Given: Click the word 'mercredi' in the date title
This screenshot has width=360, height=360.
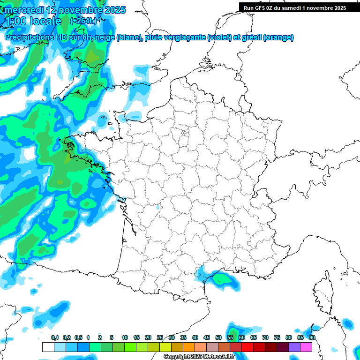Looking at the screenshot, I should click(x=22, y=10).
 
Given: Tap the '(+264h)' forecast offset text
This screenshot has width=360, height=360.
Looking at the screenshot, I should click(x=83, y=21).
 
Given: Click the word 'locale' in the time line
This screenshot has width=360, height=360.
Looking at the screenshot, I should click(x=45, y=21).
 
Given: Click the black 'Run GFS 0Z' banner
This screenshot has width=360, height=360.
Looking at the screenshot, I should click(x=294, y=8).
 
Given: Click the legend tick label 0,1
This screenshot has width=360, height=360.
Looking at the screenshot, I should click(x=54, y=338).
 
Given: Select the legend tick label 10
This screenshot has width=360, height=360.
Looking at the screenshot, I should click(x=125, y=338).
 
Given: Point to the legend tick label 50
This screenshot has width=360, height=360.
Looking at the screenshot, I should click(x=218, y=338).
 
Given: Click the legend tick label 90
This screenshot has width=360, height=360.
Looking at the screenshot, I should click(x=312, y=338).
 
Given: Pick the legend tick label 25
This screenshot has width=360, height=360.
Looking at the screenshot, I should click(x=160, y=338).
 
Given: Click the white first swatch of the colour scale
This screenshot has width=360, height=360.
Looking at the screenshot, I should click(x=48, y=347).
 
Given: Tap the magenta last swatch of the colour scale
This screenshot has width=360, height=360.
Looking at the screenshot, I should click(x=306, y=347).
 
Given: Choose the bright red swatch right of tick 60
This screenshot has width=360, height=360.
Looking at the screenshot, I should click(x=247, y=347).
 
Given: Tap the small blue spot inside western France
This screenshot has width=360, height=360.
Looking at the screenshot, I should click(x=157, y=207).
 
